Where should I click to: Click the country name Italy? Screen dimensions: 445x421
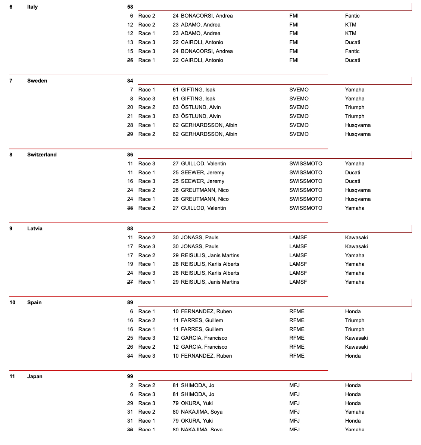click(x=32, y=7)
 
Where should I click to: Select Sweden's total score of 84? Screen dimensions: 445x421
click(x=130, y=81)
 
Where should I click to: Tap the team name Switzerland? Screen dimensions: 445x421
click(x=42, y=155)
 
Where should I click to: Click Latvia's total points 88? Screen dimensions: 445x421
click(x=130, y=228)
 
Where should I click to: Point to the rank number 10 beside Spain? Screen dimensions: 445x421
click(x=12, y=302)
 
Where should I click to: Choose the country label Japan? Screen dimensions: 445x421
click(x=35, y=376)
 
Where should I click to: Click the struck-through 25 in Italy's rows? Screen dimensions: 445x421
click(x=130, y=60)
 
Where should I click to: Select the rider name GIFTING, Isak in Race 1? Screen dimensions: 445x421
click(x=198, y=90)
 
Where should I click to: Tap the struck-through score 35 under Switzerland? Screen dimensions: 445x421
click(x=130, y=208)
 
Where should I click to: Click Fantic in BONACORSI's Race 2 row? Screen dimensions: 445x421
click(x=352, y=16)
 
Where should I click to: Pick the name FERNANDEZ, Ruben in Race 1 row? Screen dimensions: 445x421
click(x=206, y=311)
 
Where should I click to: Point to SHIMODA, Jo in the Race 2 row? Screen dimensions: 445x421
click(x=197, y=385)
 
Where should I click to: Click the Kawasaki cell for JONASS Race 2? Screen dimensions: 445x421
click(x=356, y=237)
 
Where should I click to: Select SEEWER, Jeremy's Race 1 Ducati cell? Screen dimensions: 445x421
click(x=352, y=172)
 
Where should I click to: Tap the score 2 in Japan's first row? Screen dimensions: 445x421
click(x=131, y=385)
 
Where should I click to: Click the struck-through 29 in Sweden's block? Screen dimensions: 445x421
click(x=130, y=134)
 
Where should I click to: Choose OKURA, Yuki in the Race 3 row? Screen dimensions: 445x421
click(x=197, y=403)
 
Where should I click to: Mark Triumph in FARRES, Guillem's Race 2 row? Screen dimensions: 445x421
click(x=355, y=320)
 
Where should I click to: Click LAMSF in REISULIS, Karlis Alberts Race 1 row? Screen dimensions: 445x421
click(x=298, y=264)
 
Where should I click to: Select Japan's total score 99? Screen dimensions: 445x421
click(x=130, y=376)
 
